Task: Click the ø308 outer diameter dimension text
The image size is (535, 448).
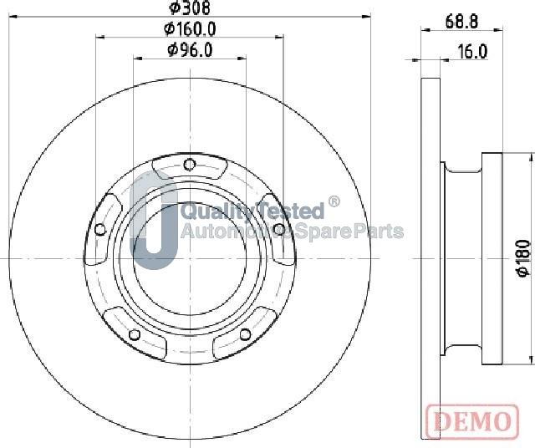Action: (x=190, y=8)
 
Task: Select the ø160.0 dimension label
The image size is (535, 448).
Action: (x=190, y=28)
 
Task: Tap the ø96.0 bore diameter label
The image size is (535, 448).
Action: (x=190, y=50)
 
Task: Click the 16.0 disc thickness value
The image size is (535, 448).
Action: (x=472, y=52)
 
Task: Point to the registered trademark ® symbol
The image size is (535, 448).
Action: (x=334, y=201)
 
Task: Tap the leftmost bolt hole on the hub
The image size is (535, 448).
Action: (x=100, y=230)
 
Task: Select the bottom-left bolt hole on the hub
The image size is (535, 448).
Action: (x=133, y=335)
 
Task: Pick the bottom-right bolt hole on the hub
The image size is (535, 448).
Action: (x=245, y=334)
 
